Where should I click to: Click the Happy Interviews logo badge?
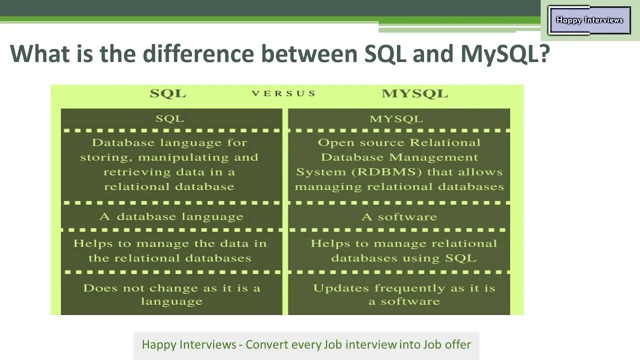589,20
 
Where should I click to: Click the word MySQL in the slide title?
504,53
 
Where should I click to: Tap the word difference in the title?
197,53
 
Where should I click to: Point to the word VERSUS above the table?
283,93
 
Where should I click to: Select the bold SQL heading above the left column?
168,93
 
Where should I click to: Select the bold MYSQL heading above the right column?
414,93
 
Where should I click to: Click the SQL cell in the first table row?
169,119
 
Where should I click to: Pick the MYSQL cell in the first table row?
396,119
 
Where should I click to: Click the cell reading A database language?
171,217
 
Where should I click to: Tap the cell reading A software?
399,217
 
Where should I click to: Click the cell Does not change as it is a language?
171,294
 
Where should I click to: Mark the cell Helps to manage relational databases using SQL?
403,251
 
